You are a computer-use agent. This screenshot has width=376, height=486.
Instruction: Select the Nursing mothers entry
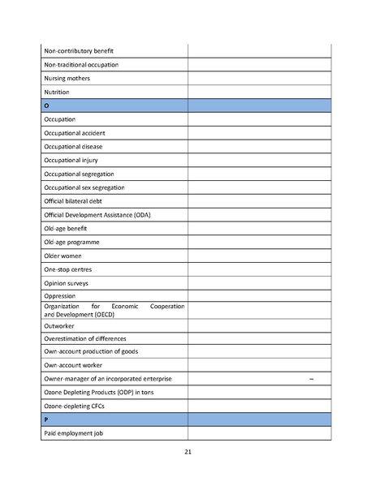click(x=67, y=78)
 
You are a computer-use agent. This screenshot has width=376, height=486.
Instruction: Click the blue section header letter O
click(x=47, y=105)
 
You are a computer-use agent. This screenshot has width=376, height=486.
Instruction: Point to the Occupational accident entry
click(x=75, y=132)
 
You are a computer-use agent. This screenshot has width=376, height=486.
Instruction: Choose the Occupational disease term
click(x=73, y=146)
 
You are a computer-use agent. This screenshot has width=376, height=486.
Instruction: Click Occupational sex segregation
click(x=84, y=187)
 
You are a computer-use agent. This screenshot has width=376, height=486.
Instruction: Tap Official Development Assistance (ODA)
click(x=97, y=214)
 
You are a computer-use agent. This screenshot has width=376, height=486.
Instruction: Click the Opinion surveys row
click(x=67, y=283)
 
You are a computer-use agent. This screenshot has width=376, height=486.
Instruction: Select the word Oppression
click(x=59, y=296)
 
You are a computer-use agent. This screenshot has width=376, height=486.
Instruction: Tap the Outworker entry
click(x=60, y=325)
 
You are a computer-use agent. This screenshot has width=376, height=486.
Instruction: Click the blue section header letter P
click(x=46, y=419)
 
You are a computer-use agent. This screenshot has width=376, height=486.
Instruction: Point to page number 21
click(x=188, y=451)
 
